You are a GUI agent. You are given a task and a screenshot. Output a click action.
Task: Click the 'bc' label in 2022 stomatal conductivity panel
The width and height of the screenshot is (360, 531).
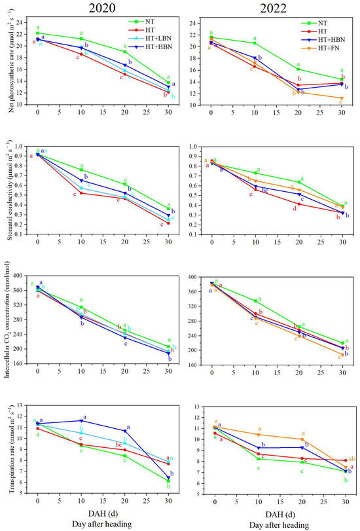[265, 191]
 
